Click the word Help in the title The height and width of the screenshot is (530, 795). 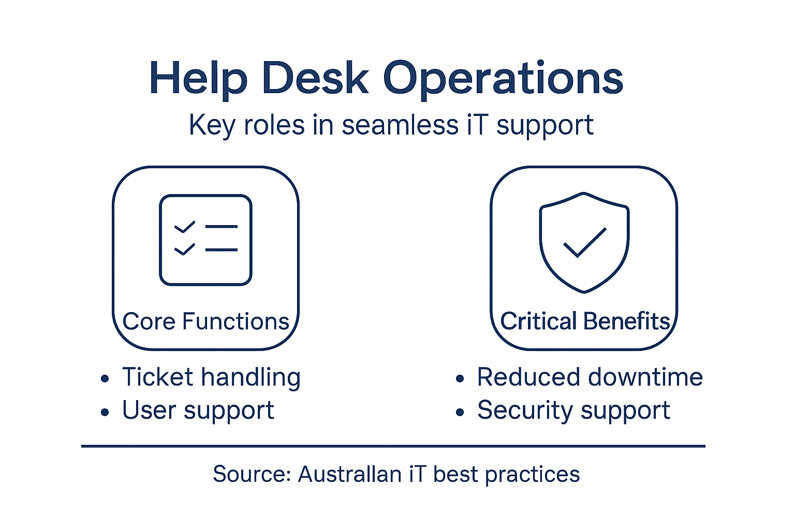[198, 78]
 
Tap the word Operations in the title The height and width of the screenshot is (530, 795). [503, 78]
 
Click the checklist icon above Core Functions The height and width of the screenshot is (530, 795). [205, 240]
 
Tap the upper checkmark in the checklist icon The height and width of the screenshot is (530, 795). [184, 227]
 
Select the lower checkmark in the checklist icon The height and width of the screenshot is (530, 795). [184, 249]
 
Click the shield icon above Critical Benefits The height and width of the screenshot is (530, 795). [584, 242]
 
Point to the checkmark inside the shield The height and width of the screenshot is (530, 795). [584, 242]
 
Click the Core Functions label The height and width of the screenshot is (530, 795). [205, 321]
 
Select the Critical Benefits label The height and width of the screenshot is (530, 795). [585, 321]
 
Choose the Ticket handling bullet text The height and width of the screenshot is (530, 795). [211, 377]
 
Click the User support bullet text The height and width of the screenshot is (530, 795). [198, 410]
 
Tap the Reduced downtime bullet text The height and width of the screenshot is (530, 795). [590, 377]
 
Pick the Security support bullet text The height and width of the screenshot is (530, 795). [573, 410]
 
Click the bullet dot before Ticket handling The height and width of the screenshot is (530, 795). [105, 379]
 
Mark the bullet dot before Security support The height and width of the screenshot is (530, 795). [460, 413]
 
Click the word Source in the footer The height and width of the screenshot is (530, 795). [252, 474]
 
